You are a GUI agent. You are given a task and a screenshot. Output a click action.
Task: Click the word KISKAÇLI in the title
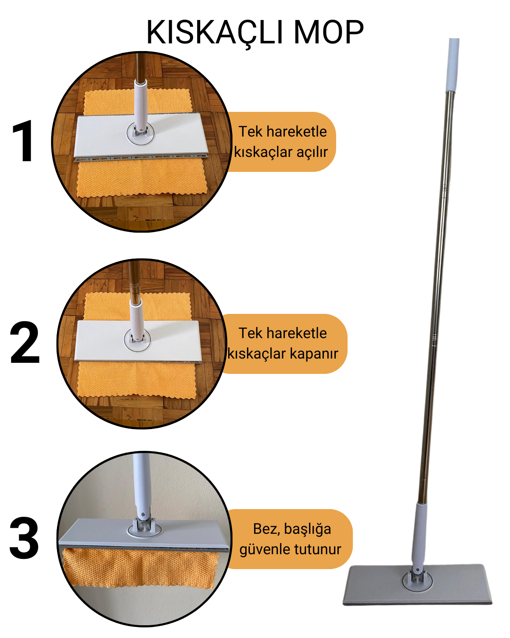pyautogui.click(x=215, y=33)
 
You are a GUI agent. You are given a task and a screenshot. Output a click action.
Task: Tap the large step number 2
pyautogui.click(x=25, y=342)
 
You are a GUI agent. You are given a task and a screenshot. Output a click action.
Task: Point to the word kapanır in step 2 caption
pyautogui.click(x=314, y=354)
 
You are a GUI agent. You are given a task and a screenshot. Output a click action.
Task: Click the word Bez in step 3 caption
pyautogui.click(x=263, y=529)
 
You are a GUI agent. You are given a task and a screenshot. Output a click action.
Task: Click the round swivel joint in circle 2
pyautogui.click(x=137, y=340)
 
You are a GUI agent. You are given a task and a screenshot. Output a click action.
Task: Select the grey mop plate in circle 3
pyautogui.click(x=143, y=534)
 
